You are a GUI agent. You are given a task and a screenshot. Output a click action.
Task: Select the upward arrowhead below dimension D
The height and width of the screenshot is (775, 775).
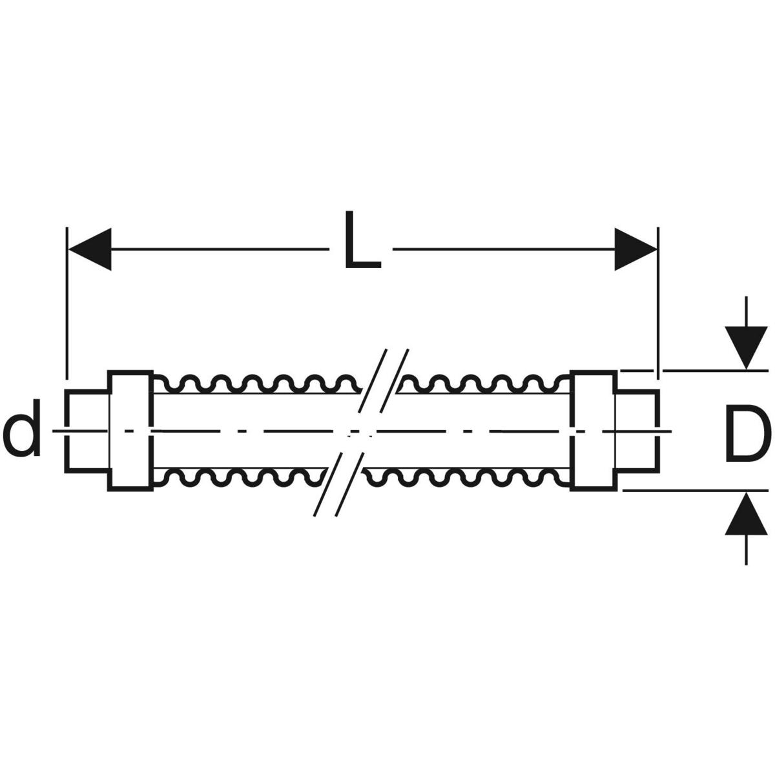pyautogui.click(x=747, y=514)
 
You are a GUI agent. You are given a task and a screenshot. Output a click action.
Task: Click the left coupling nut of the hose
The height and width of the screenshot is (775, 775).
pyautogui.click(x=130, y=431)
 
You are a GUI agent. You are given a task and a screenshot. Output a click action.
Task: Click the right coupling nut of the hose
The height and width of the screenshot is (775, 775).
pyautogui.click(x=593, y=431)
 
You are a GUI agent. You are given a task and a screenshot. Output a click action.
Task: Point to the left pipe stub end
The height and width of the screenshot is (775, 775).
pyautogui.click(x=87, y=431)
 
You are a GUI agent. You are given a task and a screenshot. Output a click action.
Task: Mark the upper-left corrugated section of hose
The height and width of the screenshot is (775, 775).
pyautogui.click(x=258, y=384)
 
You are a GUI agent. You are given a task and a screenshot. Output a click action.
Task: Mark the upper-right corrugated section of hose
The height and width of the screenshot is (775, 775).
pyautogui.click(x=484, y=384)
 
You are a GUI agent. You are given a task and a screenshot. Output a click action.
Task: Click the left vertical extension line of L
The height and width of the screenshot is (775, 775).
pyautogui.click(x=67, y=304)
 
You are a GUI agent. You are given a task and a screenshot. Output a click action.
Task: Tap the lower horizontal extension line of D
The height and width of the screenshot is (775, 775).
pyautogui.click(x=697, y=490)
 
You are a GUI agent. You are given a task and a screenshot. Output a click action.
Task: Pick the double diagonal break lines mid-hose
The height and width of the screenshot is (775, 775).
pyautogui.click(x=362, y=431)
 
